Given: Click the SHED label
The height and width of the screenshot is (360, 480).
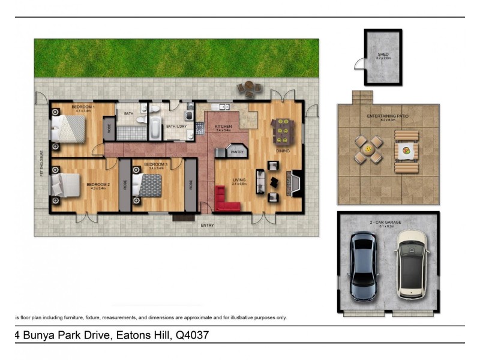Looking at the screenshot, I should click(383, 54).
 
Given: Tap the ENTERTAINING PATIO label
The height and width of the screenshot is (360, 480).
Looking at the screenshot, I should click(388, 115).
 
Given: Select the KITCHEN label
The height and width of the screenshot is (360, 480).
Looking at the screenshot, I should click(223, 127).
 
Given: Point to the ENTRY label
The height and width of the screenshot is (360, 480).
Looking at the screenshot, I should click(207, 225).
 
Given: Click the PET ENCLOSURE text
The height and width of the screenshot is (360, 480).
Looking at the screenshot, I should click(41, 163).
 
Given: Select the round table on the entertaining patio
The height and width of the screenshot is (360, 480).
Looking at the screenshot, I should click(368, 149).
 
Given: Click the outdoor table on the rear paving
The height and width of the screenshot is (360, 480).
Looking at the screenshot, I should click(249, 88).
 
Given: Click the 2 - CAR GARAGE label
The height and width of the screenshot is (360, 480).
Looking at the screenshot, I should click(386, 222).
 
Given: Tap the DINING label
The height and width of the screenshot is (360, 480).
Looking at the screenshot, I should click(283, 151).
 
